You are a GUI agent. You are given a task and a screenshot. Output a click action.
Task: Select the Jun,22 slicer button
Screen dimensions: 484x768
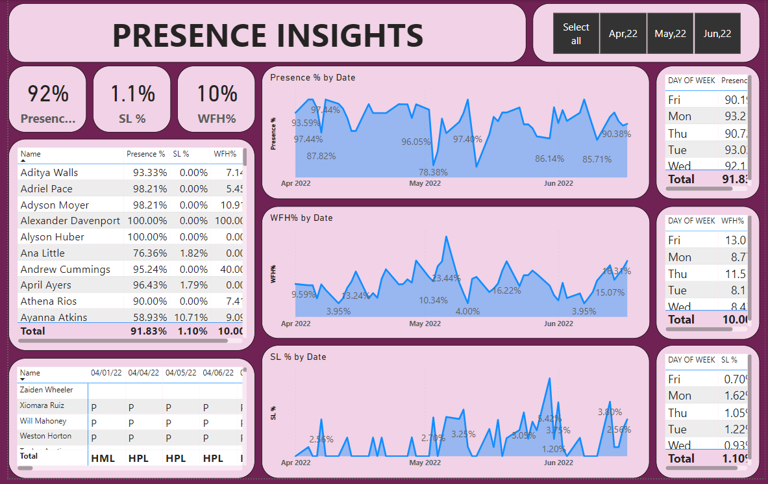click(717, 34)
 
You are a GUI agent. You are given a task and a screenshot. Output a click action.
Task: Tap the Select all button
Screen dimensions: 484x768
click(576, 34)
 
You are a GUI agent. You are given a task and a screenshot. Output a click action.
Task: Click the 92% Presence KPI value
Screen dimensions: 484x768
click(47, 94)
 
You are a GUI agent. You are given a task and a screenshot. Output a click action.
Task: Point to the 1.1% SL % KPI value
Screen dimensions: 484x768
click(132, 94)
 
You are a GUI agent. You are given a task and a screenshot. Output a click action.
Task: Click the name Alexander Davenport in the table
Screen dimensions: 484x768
click(70, 221)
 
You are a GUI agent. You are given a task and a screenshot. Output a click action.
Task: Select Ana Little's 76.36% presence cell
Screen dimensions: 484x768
click(147, 253)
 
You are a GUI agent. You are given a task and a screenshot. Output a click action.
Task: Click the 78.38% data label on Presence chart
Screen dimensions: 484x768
click(433, 172)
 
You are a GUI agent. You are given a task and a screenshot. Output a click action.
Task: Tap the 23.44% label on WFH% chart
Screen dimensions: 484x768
click(446, 278)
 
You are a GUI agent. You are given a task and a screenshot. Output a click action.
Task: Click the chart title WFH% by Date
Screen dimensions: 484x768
click(301, 218)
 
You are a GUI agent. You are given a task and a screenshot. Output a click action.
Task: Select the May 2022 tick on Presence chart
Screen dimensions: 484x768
click(425, 183)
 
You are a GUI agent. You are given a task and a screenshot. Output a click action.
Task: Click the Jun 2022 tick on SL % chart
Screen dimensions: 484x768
click(558, 463)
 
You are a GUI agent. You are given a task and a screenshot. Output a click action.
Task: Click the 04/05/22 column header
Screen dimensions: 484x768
click(180, 373)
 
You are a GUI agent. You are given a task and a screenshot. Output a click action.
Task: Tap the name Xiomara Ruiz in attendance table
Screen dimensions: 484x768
click(42, 405)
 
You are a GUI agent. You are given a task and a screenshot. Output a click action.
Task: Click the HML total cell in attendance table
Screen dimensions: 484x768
click(103, 458)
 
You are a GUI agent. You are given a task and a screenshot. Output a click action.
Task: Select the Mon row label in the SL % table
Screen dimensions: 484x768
click(680, 396)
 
